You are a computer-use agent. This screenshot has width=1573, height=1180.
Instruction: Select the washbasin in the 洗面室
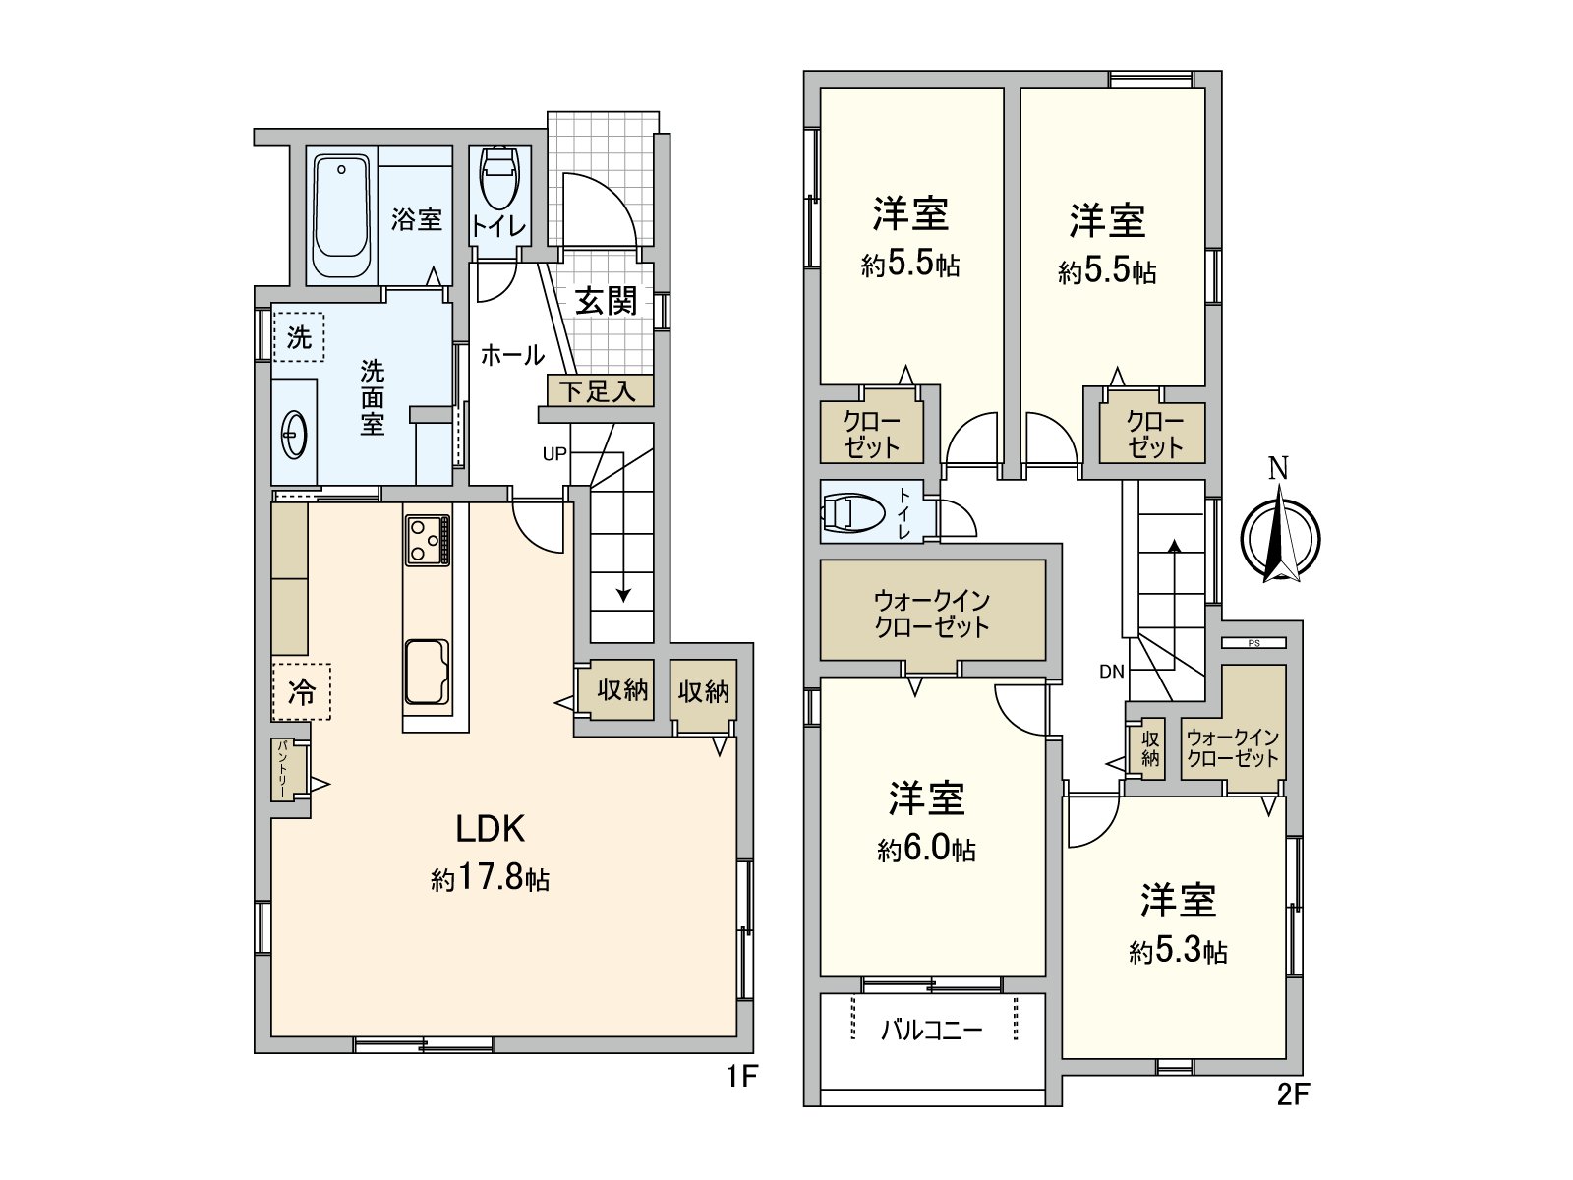pos(294,433)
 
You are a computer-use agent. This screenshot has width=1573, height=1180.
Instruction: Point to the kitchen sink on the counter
pos(427,672)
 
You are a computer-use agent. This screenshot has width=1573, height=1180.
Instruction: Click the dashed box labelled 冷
pos(302,691)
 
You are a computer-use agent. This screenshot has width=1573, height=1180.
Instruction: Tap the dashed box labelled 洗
pos(299,337)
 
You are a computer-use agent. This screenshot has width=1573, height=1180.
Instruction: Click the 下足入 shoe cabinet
pos(599,391)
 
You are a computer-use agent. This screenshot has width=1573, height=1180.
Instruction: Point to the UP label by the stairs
pos(554,454)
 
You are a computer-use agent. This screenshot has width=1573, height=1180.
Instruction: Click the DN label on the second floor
pos(1112,673)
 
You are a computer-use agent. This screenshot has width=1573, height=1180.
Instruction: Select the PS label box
pos(1253,643)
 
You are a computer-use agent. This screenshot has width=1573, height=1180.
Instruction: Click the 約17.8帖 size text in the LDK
pos(490,878)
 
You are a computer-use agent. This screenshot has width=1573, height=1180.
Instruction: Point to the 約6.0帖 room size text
pos(926,849)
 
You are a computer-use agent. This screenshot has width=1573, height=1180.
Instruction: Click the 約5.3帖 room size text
pos(1178,951)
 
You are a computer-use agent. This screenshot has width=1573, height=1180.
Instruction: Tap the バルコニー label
pos(931,1031)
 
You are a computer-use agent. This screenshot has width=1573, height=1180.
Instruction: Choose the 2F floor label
pos(1294,1093)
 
